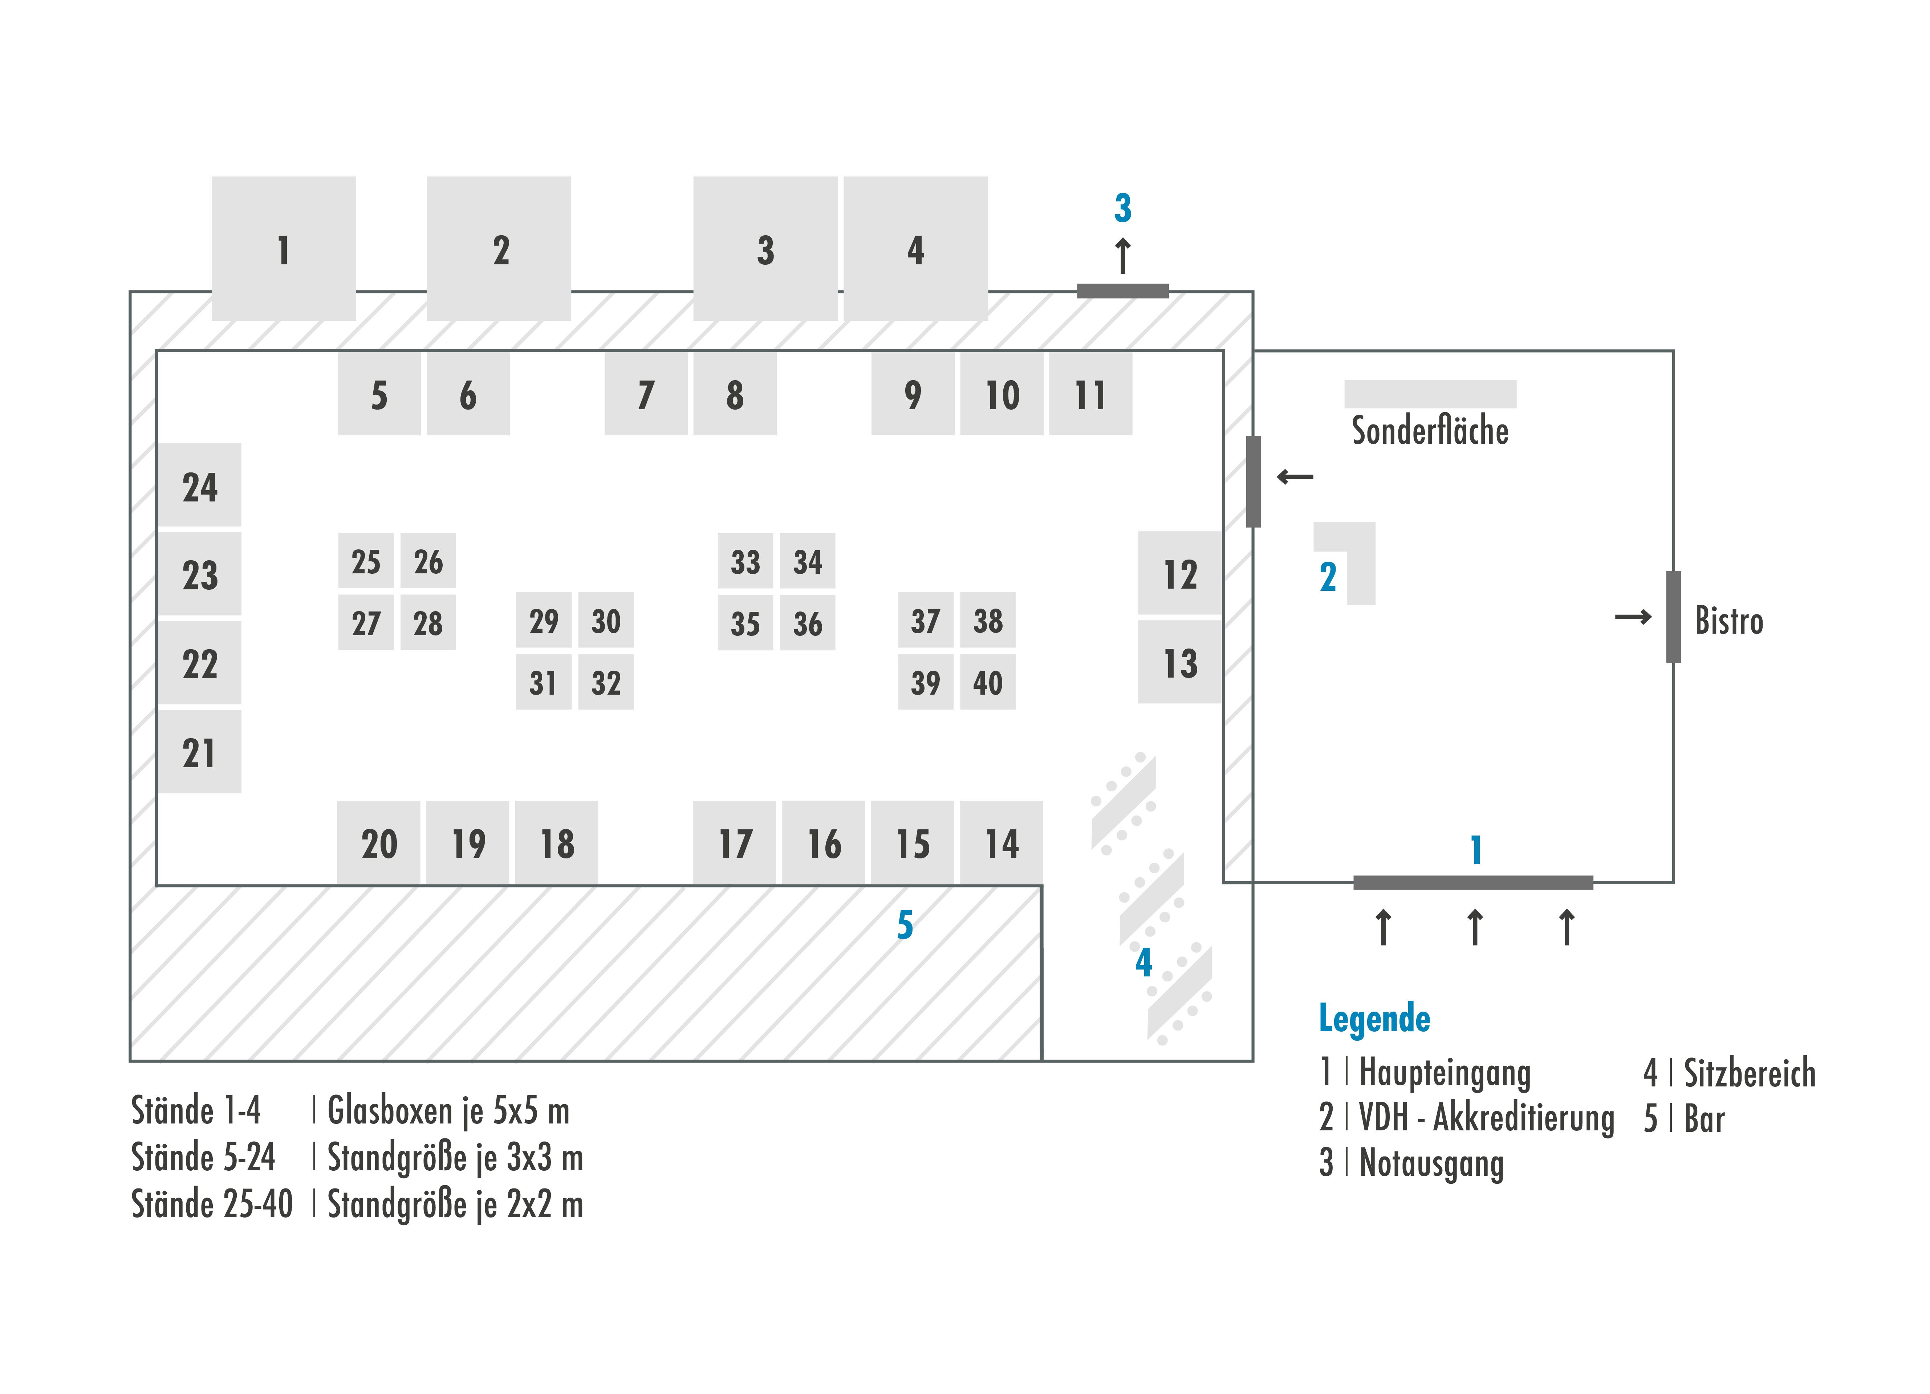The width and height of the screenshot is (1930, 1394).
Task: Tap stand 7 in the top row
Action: [646, 394]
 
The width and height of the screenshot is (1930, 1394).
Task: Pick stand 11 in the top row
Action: [1090, 394]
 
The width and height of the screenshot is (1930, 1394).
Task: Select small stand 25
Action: [366, 561]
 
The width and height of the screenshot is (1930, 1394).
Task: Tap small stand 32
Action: [606, 682]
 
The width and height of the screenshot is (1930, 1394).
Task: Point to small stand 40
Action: [988, 682]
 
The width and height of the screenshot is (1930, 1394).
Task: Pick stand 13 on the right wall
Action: [1180, 662]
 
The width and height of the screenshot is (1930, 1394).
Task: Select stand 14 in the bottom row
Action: [1001, 842]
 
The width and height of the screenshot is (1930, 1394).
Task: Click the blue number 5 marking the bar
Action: [905, 925]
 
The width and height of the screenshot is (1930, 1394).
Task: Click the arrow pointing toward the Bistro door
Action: [1632, 617]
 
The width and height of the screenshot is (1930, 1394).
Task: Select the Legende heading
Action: [1374, 1018]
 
